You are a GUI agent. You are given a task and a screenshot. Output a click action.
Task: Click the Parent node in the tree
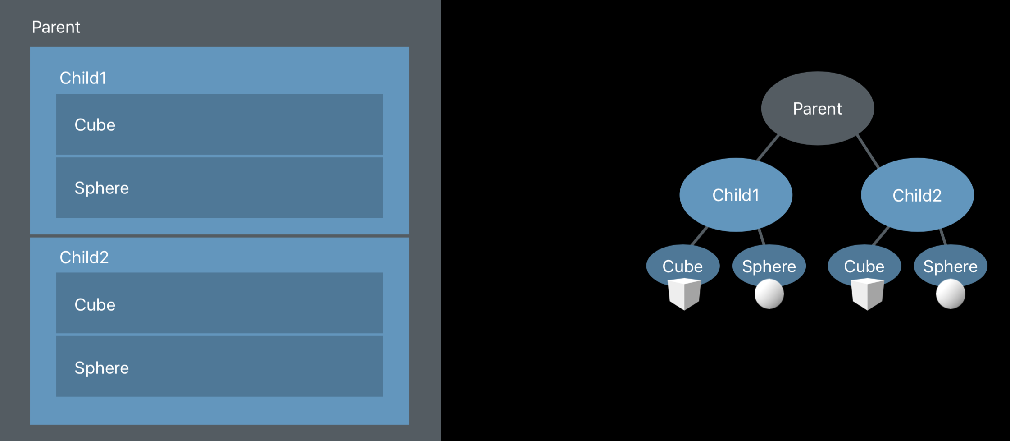[817, 108]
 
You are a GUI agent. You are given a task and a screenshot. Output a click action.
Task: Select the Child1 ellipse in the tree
[736, 195]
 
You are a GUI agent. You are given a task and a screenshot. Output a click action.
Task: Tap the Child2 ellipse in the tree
[917, 195]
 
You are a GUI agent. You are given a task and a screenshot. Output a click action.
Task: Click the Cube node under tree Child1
[682, 263]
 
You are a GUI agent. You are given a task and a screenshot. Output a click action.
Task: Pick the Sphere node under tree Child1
[769, 264]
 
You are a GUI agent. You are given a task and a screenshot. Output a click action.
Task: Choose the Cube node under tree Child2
[864, 263]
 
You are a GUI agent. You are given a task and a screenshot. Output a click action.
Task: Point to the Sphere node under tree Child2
[950, 264]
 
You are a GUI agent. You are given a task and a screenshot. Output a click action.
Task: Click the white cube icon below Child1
[684, 294]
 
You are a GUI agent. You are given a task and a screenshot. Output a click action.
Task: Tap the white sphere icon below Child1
[769, 294]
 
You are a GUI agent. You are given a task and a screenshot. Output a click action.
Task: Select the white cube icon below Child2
[867, 294]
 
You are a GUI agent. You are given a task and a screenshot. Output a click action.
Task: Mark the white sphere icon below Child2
[951, 294]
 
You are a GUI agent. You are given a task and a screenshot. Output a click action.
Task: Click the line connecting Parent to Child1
[768, 147]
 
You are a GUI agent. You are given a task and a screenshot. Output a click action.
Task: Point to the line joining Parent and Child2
[868, 151]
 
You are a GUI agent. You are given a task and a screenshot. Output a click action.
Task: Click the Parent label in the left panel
[56, 27]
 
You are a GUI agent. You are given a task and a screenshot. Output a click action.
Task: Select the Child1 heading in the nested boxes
[83, 78]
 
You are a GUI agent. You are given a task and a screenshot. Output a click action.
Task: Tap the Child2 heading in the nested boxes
[84, 257]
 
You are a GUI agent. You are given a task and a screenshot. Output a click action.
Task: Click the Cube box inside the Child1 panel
[219, 124]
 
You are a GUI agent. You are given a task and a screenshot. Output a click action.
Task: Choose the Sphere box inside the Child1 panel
[219, 188]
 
